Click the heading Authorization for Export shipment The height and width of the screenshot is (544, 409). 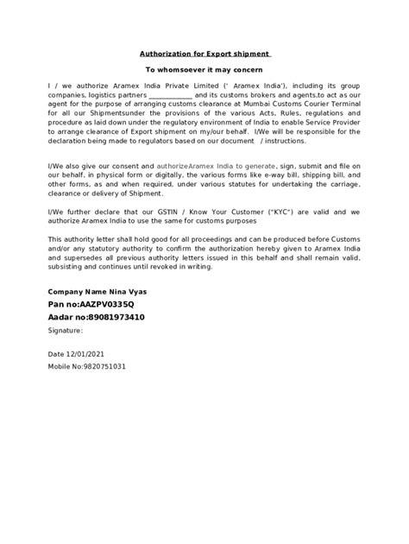coord(204,52)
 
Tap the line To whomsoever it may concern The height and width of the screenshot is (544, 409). coord(204,68)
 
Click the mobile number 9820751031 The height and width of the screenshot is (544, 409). coord(102,366)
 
